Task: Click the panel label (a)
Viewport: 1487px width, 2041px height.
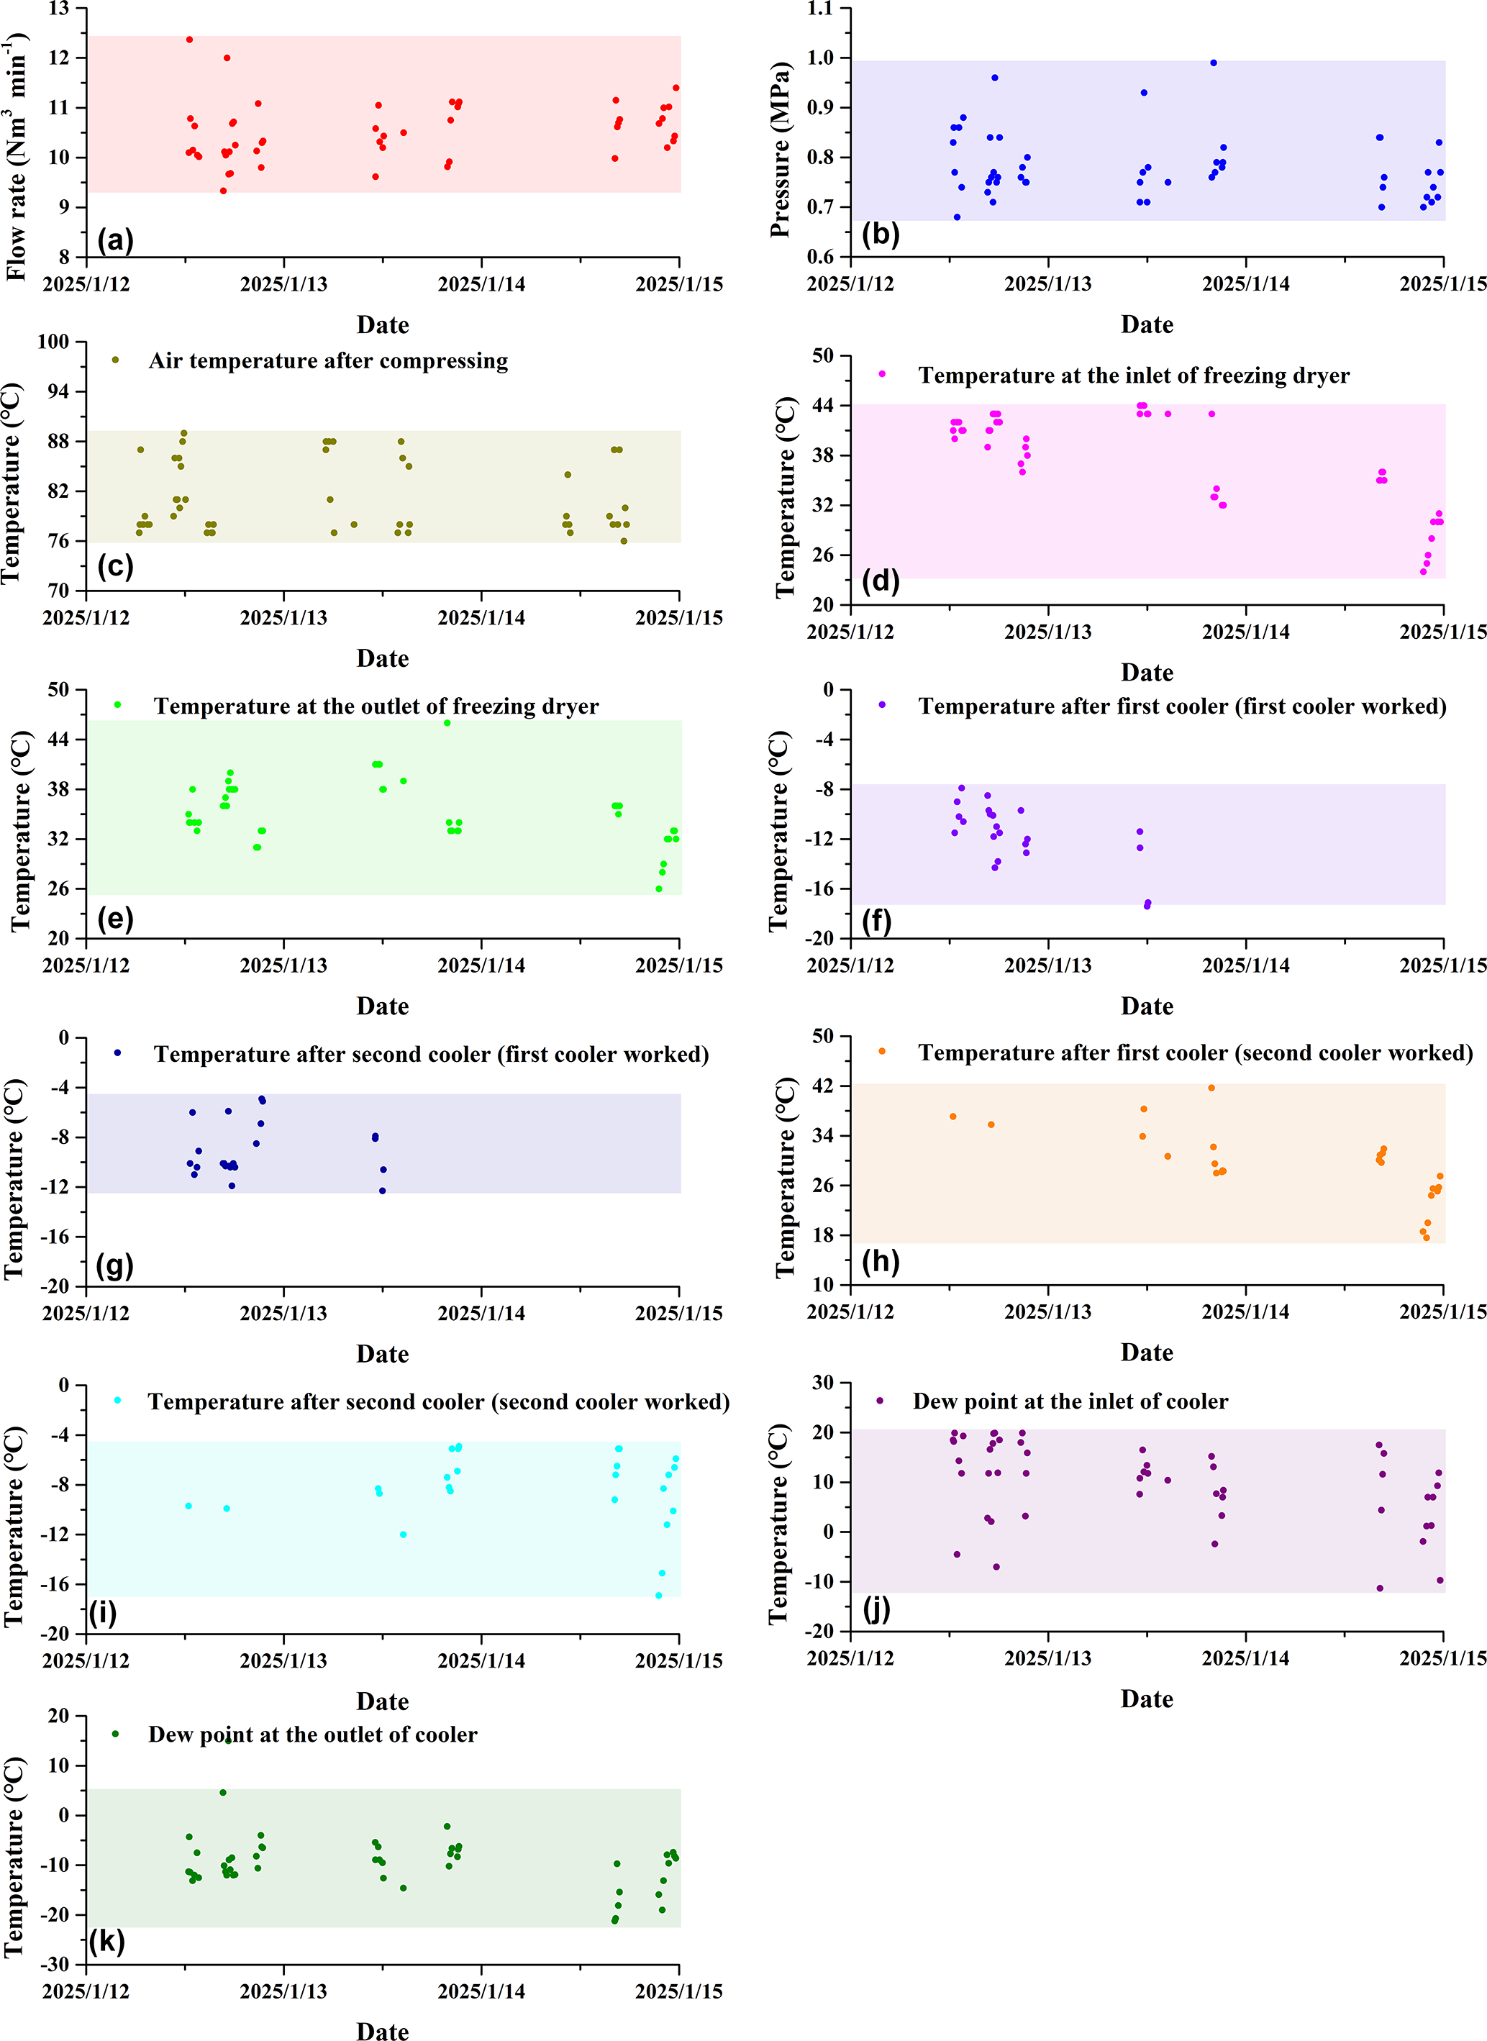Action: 115,240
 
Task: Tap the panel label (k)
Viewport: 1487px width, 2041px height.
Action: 106,1940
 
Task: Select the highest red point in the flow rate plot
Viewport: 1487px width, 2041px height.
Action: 189,40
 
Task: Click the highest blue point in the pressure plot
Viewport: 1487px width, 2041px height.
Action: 1214,63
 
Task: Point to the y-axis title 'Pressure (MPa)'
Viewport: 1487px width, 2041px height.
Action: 781,150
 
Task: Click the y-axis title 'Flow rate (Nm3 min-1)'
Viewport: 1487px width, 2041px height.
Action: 17,158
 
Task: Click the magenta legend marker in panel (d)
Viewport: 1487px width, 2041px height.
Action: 881,374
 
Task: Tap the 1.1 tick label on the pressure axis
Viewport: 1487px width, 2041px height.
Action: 821,9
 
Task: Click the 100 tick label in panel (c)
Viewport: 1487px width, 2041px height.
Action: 53,342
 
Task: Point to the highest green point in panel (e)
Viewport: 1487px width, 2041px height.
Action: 447,722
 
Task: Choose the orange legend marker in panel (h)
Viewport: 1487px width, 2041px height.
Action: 881,1051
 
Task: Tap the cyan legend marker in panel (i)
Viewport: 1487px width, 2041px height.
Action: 117,1400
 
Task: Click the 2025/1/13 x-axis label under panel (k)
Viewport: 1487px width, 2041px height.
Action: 283,1991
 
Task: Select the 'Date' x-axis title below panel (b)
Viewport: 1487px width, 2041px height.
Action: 1147,325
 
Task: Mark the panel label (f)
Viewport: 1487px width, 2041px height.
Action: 877,922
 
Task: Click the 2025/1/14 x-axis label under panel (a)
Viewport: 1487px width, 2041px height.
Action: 481,284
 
